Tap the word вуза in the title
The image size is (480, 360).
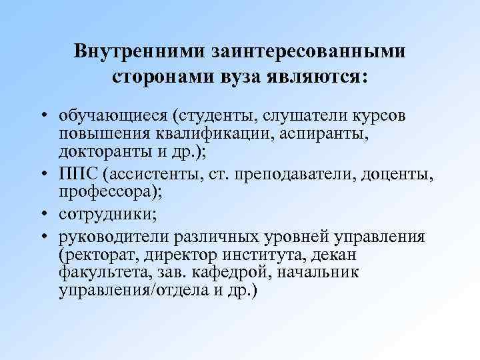tap(243, 76)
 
